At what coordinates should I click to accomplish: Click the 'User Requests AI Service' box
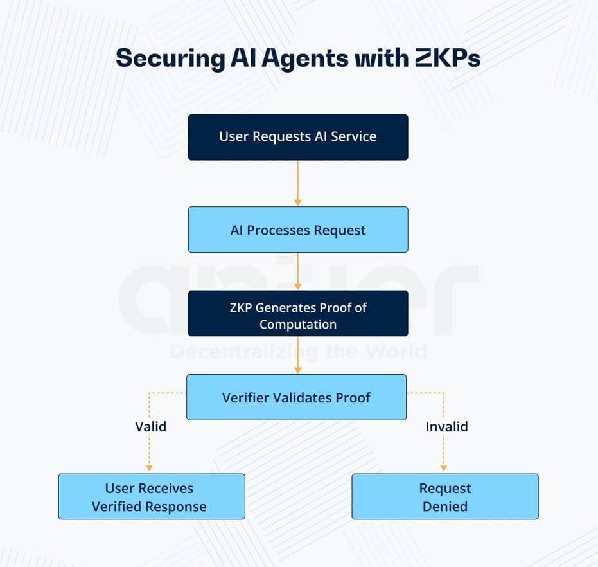(297, 137)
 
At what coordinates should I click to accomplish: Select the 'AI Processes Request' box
(297, 230)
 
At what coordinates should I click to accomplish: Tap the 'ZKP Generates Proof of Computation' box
(297, 313)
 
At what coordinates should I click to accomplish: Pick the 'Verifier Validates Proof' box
(296, 397)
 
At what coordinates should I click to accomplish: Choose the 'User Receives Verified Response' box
(151, 496)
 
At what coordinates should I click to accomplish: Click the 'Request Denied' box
(444, 496)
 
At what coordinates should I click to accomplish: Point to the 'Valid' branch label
(150, 426)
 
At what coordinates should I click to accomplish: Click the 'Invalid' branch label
(446, 426)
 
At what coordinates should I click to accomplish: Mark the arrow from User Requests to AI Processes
(297, 183)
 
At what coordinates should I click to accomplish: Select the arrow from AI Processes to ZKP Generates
(297, 271)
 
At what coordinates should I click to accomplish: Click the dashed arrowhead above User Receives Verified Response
(149, 468)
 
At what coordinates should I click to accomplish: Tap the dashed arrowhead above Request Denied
(444, 468)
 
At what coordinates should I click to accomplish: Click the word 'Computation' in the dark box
(297, 324)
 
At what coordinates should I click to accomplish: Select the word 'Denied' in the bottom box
(444, 506)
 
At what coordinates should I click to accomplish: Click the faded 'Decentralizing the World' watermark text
(298, 351)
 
